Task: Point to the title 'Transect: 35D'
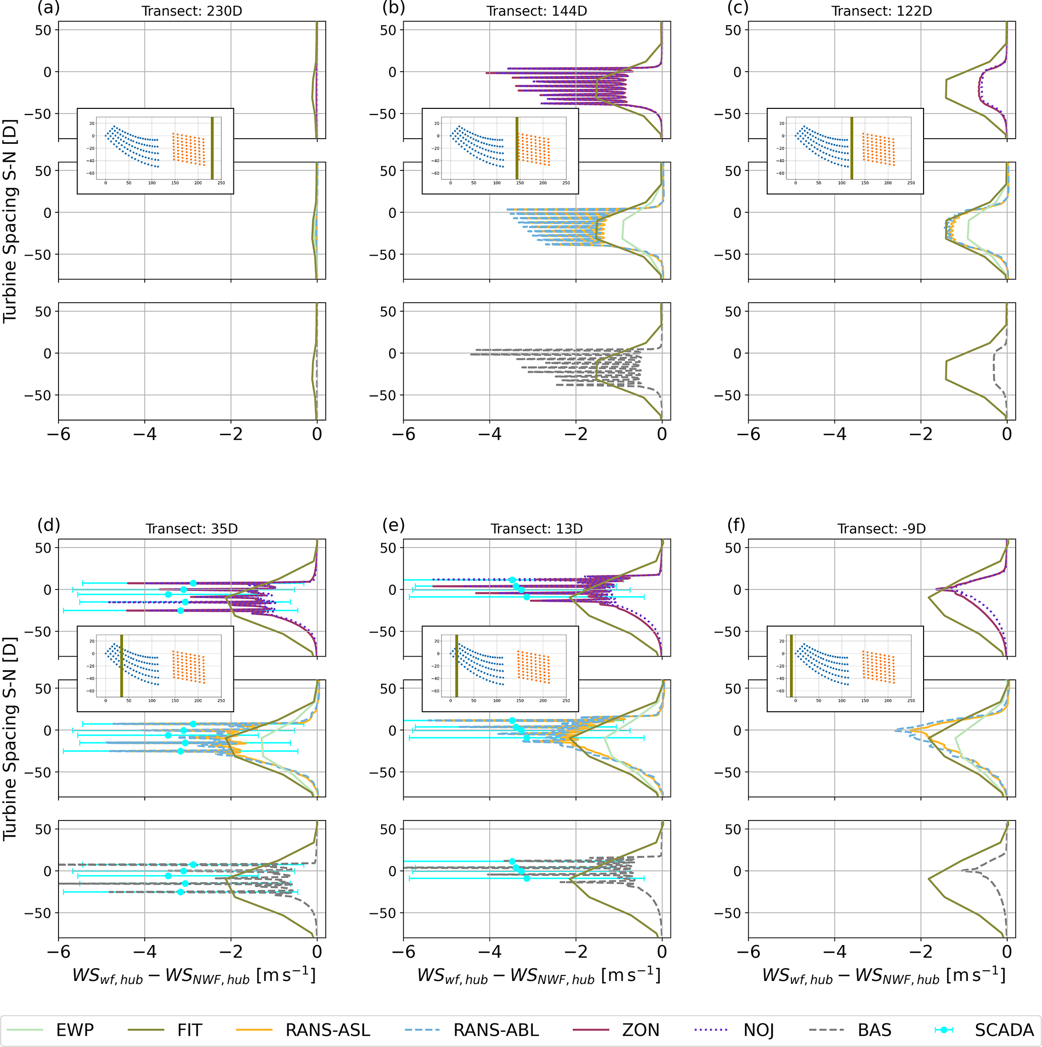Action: click(x=192, y=529)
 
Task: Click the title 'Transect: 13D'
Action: click(x=537, y=529)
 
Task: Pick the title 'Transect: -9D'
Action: click(x=882, y=529)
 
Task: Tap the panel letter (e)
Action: click(x=393, y=525)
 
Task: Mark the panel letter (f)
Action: click(x=738, y=525)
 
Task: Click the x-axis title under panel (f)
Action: click(x=883, y=975)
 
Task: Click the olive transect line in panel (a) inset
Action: click(x=212, y=148)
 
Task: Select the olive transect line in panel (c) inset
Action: click(x=852, y=148)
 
